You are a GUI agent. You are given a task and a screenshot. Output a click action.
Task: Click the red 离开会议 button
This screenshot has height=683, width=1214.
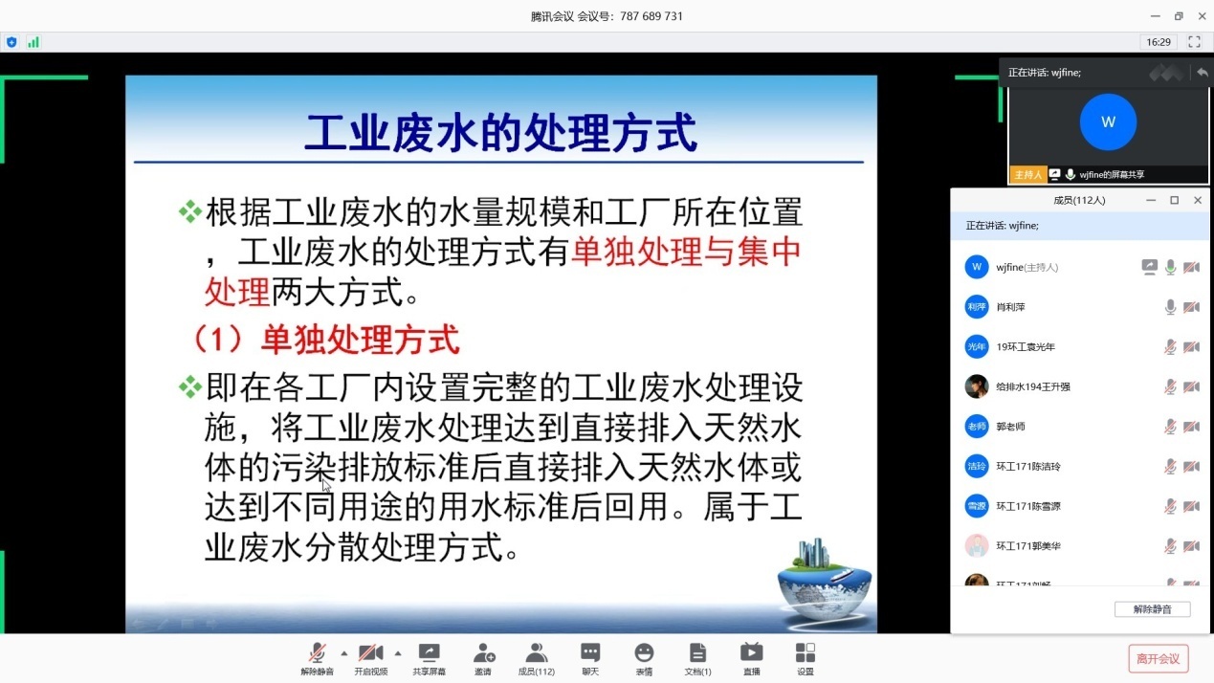(1159, 658)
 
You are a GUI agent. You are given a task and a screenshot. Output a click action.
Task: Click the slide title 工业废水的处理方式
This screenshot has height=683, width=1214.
(500, 133)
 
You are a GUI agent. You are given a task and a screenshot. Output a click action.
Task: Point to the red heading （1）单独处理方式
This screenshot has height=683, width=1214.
(325, 340)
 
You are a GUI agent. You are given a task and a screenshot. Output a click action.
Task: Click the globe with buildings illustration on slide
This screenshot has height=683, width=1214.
(824, 580)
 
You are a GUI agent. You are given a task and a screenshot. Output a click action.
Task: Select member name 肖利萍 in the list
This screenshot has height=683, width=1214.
(1010, 307)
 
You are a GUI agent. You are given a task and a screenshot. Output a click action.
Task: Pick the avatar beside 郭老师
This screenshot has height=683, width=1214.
(976, 427)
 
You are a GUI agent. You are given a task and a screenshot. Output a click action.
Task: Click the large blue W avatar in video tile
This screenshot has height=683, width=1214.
(1108, 122)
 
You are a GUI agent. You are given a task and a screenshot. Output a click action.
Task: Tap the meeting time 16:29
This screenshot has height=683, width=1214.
(1159, 42)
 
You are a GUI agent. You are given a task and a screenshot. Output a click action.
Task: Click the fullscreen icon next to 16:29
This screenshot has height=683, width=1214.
(1194, 42)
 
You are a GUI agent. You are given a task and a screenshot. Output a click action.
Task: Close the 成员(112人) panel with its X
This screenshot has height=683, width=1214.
(1197, 200)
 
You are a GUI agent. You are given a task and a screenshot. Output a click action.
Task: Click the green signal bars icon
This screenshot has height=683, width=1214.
(33, 42)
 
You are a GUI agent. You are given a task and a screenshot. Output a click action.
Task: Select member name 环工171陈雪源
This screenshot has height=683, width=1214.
(1028, 506)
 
